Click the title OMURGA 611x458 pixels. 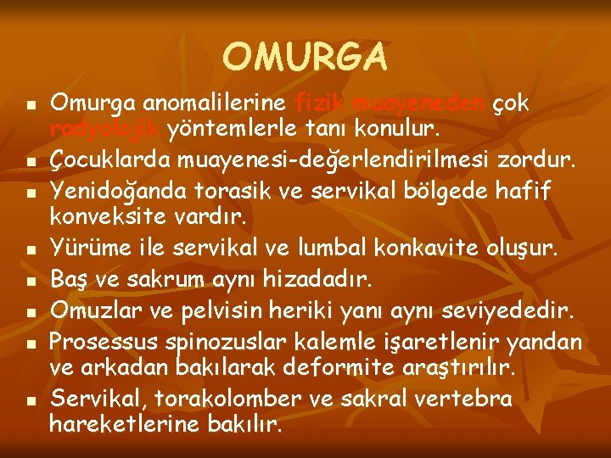click(x=305, y=58)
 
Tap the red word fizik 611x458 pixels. click(x=320, y=103)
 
